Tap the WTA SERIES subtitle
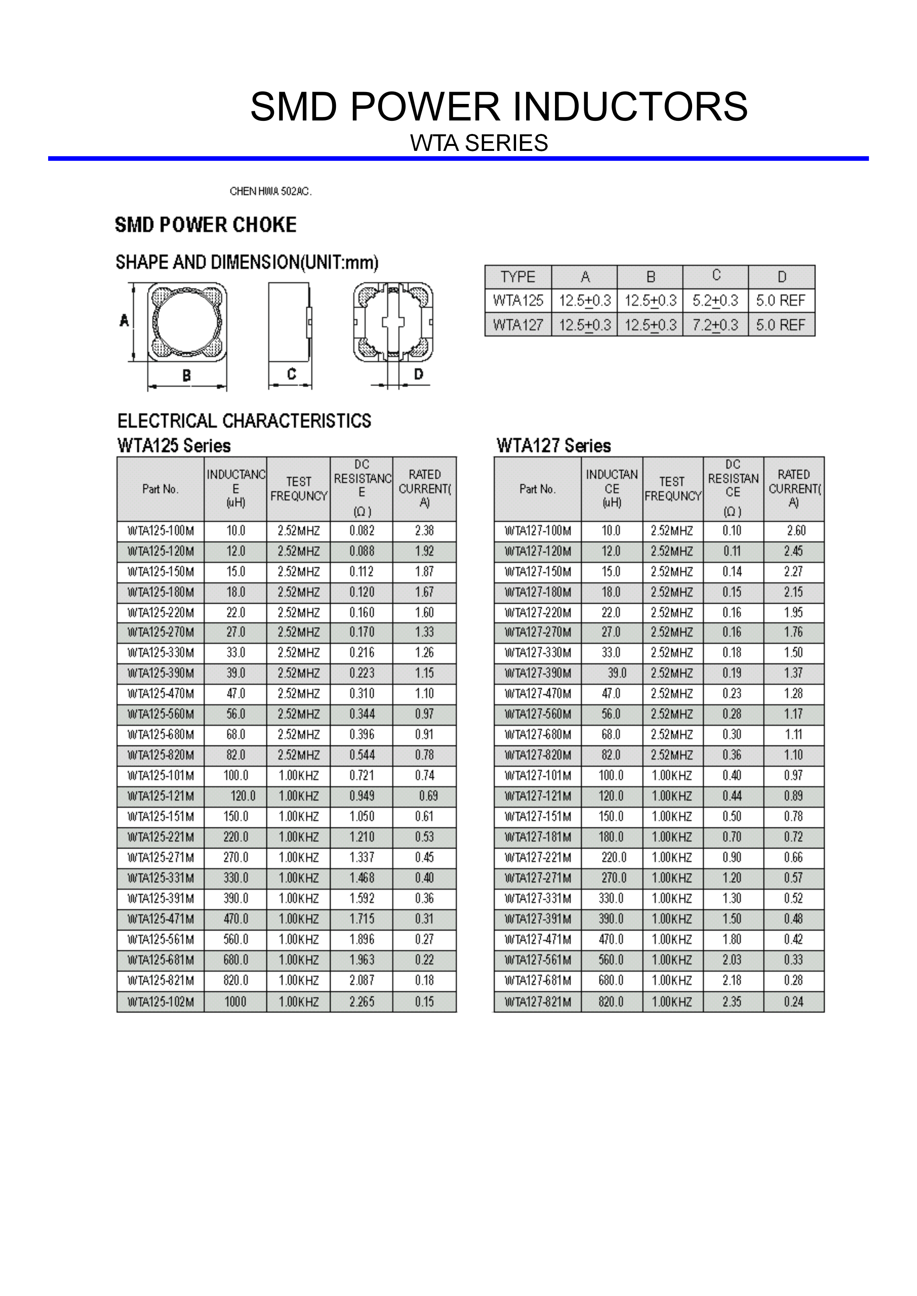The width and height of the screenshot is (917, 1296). point(479,143)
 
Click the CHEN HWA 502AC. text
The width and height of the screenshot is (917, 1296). point(270,192)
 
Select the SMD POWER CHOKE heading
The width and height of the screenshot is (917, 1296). point(206,225)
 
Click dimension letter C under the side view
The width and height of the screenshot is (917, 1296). point(292,374)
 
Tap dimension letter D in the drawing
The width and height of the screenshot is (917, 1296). point(418,374)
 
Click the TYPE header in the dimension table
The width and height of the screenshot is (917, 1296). point(517,277)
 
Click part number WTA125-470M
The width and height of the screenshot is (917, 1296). point(161,694)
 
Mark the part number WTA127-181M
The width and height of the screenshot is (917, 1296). point(538,837)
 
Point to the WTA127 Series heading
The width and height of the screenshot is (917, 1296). point(553,446)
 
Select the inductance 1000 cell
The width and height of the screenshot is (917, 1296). point(235,1002)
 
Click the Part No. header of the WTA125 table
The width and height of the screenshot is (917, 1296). point(160,489)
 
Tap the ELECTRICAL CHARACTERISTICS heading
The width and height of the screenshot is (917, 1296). point(244,421)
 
